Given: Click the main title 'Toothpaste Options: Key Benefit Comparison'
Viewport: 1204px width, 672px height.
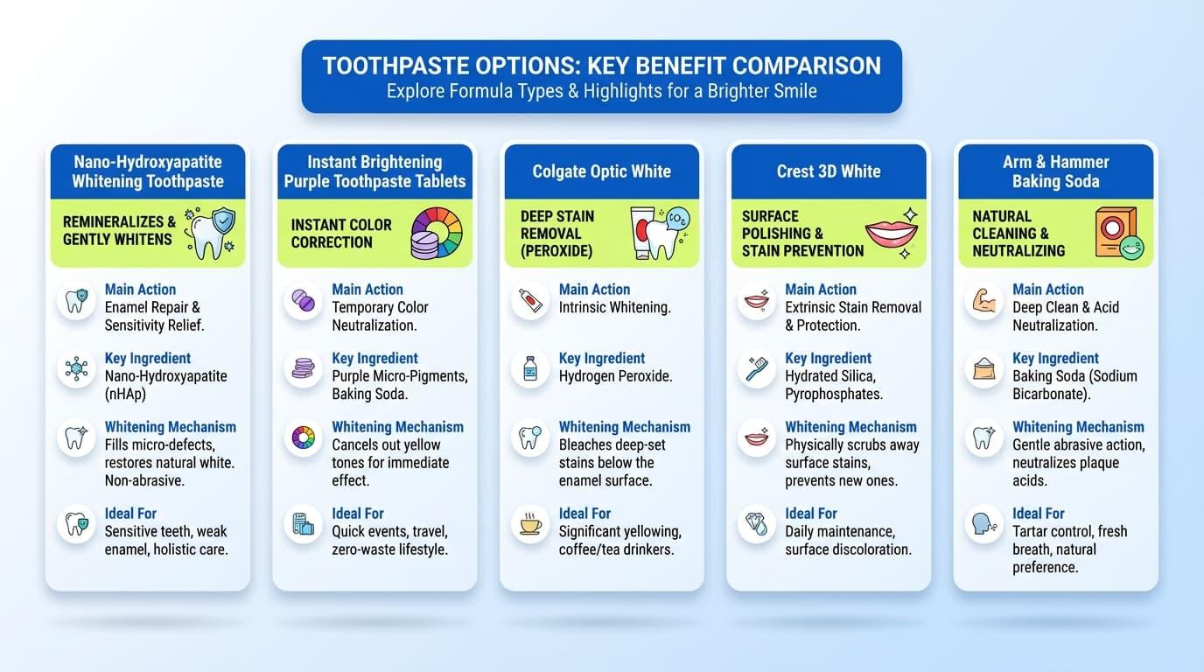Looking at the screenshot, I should (601, 66).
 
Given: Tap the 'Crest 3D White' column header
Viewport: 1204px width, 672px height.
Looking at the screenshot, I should (828, 171).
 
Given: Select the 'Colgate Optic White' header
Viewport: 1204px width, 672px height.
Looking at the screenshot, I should (601, 171).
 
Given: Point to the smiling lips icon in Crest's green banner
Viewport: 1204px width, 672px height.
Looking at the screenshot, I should (891, 233).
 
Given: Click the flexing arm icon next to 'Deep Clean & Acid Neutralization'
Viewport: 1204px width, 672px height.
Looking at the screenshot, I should (983, 301).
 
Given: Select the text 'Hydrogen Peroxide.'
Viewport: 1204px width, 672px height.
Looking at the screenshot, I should (615, 376).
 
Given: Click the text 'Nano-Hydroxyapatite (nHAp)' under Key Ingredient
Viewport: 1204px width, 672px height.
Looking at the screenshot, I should (165, 385).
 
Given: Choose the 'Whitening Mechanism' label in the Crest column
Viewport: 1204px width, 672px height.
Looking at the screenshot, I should (850, 427).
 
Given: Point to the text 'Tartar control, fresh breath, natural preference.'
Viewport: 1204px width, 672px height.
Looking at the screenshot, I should (1069, 549).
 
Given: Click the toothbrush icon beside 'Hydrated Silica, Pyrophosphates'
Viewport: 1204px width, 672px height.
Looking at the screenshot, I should (757, 369).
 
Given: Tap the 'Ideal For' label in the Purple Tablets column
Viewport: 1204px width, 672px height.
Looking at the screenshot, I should (357, 514).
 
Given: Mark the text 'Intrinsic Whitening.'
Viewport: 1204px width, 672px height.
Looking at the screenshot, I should (614, 307).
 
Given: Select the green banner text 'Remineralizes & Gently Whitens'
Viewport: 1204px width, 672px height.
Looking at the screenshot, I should (119, 230).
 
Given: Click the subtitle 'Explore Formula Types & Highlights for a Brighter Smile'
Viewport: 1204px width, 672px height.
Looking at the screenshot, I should (601, 90).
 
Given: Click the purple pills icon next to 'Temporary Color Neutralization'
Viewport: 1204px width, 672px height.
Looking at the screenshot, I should (303, 301).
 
